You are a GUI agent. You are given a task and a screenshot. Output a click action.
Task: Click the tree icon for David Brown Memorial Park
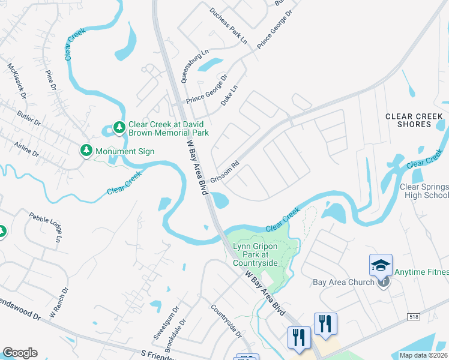[x=119, y=127]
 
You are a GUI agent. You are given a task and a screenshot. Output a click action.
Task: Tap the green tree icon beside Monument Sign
[x=86, y=151]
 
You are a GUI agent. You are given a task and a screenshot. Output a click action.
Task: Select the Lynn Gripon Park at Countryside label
[x=255, y=255]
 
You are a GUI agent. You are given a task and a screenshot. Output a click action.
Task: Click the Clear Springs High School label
[x=424, y=191]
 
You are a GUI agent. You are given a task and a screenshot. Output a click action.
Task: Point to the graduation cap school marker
[x=381, y=265]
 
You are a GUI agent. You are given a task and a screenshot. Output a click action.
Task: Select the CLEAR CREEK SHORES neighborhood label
[x=417, y=120]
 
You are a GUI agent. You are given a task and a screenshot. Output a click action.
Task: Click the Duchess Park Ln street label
[x=229, y=26]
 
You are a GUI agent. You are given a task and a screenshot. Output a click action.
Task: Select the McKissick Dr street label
[x=17, y=79]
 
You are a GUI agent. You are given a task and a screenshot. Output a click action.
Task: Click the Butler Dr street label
[x=28, y=120]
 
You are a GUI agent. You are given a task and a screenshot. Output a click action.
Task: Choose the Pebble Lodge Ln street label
[x=46, y=227]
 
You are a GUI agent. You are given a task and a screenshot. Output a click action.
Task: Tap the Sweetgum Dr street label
[x=166, y=324]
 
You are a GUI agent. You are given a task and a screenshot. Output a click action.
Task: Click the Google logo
[x=20, y=352]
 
